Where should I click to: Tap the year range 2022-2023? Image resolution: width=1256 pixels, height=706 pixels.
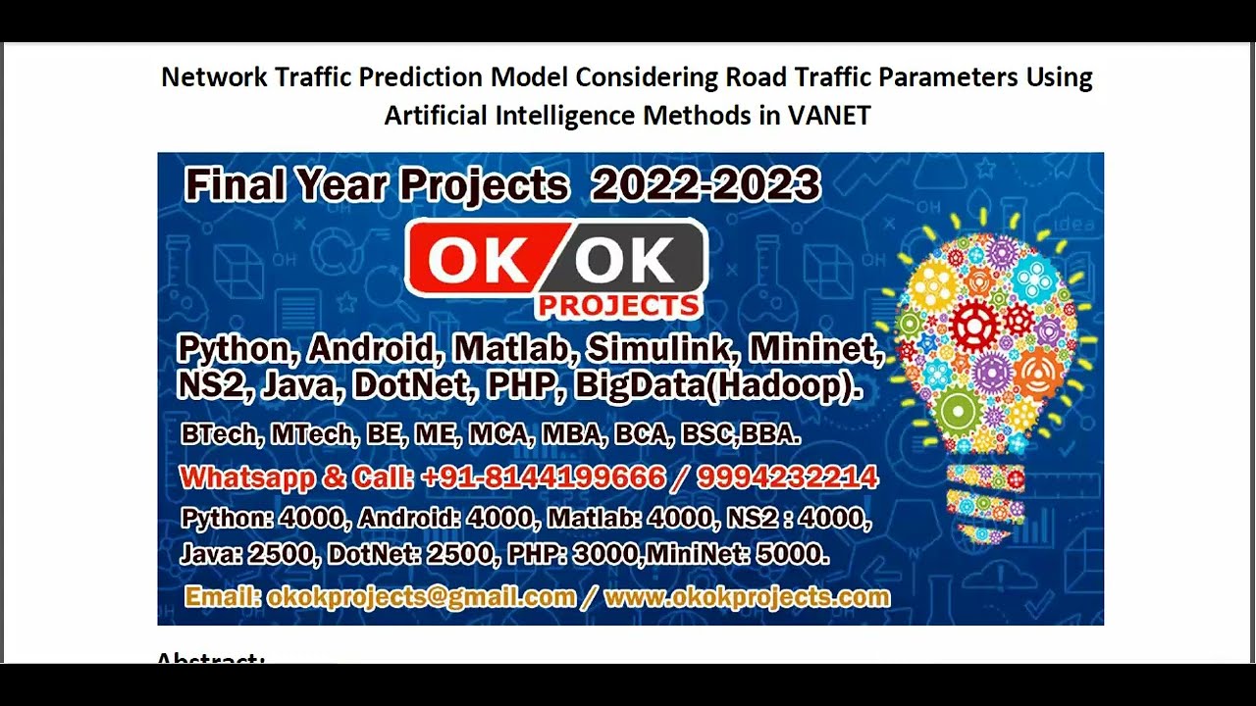pyautogui.click(x=706, y=184)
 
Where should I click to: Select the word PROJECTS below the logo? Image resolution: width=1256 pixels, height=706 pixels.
pyautogui.click(x=618, y=306)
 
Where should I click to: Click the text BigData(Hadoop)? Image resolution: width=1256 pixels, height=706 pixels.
pyautogui.click(x=718, y=385)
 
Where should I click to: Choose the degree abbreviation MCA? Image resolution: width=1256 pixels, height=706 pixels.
pyautogui.click(x=497, y=434)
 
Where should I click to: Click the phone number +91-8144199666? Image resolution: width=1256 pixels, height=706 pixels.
pyautogui.click(x=543, y=478)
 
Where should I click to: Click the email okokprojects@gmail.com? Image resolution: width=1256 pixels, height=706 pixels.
pyautogui.click(x=421, y=597)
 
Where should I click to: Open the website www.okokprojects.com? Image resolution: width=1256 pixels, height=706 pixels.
pyautogui.click(x=747, y=597)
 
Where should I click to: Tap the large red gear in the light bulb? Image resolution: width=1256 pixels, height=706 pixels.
pyautogui.click(x=974, y=327)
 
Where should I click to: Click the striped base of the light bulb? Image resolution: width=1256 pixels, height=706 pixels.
pyautogui.click(x=984, y=500)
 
